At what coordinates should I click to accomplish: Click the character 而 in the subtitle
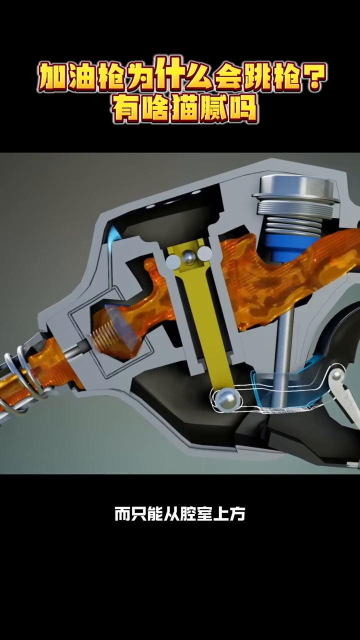[123, 514]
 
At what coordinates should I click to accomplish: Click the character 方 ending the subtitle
[237, 514]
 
